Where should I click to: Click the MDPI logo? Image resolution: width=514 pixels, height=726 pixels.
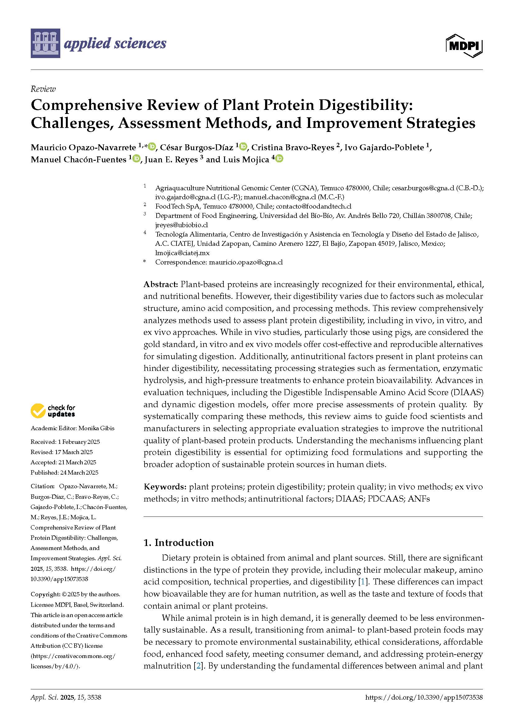464,46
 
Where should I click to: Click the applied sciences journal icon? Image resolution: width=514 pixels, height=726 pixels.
45,43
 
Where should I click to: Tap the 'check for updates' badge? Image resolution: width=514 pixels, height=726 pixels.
53,411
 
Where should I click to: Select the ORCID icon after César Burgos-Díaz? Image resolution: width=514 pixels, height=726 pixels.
243,147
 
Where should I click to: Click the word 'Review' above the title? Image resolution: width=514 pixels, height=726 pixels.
43,89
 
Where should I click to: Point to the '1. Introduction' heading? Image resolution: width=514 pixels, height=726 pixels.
178,543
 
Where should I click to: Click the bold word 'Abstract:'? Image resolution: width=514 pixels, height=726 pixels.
161,284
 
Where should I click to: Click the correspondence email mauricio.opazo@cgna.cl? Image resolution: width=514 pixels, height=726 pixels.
246,262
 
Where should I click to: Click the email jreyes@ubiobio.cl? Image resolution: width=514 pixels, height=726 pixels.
181,225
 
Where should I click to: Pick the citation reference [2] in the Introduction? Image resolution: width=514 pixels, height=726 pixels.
198,666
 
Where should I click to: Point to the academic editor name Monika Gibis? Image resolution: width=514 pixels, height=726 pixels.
97,428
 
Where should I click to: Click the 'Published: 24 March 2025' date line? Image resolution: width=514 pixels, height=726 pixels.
64,472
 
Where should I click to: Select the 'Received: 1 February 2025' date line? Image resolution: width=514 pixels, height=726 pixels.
65,442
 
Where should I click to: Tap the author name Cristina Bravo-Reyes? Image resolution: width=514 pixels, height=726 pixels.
292,147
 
